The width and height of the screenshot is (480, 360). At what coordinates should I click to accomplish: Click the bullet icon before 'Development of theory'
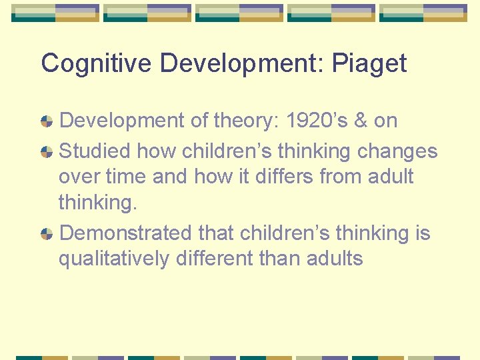[47, 121]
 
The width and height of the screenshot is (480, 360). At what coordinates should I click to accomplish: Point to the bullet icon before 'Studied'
[47, 152]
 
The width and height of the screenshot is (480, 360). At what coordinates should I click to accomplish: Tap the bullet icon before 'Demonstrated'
[47, 234]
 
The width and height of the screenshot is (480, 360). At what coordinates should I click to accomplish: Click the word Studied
[95, 151]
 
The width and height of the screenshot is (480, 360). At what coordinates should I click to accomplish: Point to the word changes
[397, 151]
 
